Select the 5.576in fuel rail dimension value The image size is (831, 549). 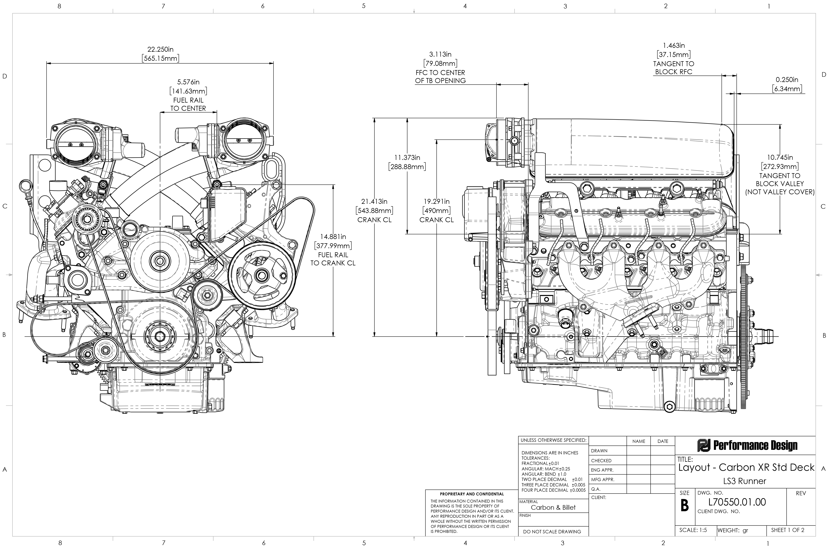188,82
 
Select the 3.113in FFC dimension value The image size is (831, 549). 440,54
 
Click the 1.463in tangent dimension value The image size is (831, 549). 674,46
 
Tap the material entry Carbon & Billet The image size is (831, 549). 553,507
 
